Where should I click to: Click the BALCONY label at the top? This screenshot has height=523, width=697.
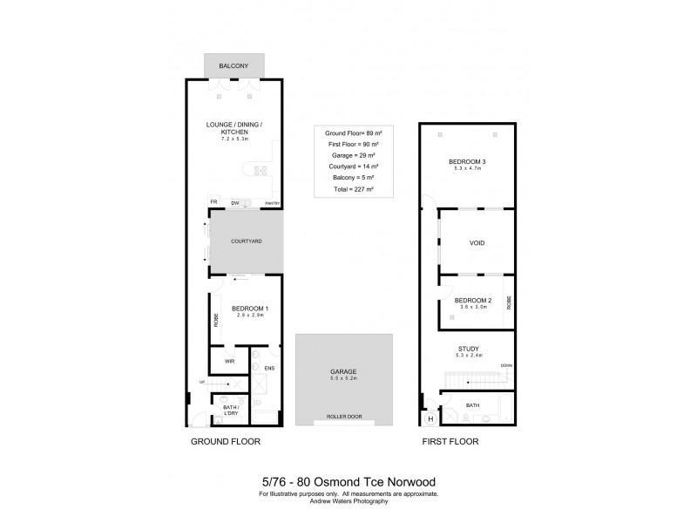point(234,65)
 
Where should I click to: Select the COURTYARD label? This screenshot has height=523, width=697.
point(246,241)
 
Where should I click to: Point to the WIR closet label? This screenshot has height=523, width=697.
point(230,361)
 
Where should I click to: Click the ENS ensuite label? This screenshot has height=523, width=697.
point(268,369)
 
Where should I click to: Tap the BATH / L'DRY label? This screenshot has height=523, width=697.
point(231,409)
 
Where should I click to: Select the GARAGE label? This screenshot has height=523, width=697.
point(336,371)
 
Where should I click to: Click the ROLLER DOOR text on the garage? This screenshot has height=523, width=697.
point(336,417)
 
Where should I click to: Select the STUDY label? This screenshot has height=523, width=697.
point(469,349)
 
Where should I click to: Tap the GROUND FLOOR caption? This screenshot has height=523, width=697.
point(226,442)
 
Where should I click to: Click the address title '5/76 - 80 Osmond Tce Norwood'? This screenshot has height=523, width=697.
point(348,482)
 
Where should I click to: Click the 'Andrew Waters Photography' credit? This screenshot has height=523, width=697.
point(348,501)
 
